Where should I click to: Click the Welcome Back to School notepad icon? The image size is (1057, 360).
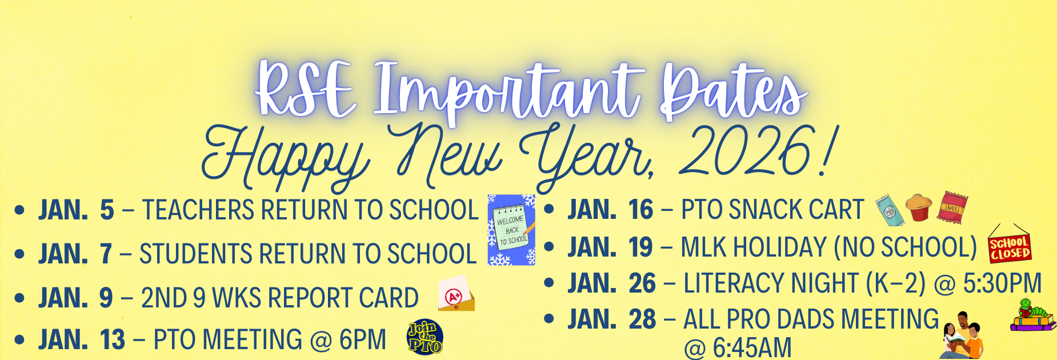coord(511,230)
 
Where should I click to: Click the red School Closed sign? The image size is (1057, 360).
coord(1010,247)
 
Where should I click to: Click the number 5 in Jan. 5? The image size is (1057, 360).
coord(107,210)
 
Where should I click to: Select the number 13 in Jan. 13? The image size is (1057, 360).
coord(112,340)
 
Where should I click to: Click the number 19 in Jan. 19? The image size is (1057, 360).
coord(640,247)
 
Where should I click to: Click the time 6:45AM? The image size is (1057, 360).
coord(738,347)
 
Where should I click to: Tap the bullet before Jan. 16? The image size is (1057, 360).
coord(550,210)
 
